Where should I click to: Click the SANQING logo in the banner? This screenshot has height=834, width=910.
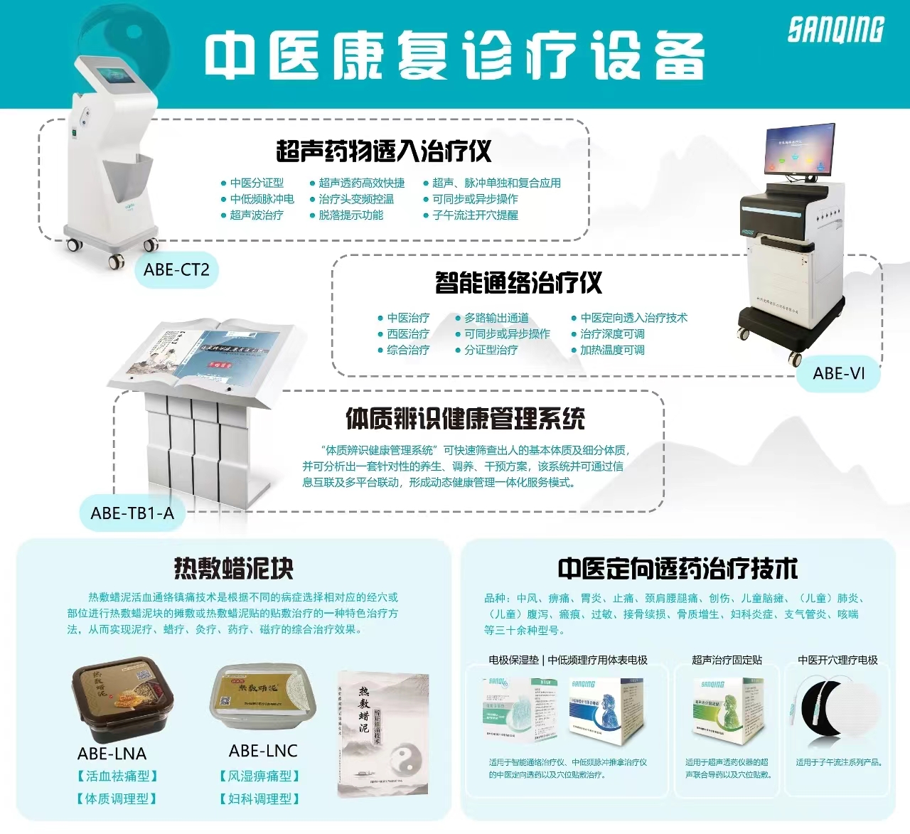[835, 30]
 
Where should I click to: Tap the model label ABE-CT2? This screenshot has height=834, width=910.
[176, 270]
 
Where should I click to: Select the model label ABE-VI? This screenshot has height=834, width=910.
[839, 373]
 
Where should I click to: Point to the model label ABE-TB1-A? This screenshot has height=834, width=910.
[132, 513]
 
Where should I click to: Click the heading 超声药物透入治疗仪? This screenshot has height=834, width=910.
[383, 151]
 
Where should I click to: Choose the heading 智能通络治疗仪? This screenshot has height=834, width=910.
[518, 283]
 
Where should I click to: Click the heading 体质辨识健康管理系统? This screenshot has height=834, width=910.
[465, 419]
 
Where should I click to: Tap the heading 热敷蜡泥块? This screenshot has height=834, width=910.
[233, 568]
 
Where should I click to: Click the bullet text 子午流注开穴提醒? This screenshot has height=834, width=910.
[475, 215]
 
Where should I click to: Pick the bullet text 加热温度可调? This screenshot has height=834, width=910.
[612, 350]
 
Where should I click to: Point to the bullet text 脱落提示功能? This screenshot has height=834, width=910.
[350, 215]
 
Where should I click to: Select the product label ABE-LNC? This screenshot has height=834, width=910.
[263, 751]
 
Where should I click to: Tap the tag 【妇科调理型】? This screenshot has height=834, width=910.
[259, 799]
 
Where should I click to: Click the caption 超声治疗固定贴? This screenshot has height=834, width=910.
[727, 660]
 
